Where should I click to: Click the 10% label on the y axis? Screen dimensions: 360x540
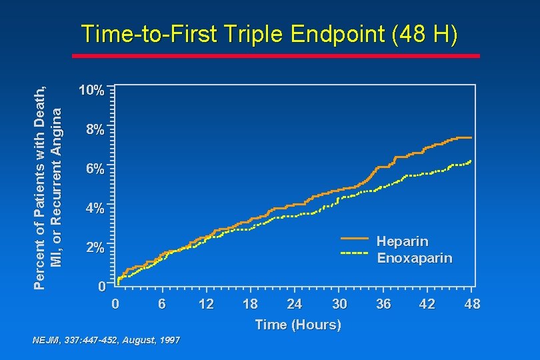pos(90,91)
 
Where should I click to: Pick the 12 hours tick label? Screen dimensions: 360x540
pos(206,305)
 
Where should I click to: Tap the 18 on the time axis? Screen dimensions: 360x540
pos(250,305)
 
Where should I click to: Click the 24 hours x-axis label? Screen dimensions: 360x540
pos(294,305)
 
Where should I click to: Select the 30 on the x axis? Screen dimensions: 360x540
pos(339,305)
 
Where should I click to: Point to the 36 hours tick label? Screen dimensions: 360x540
pos(383,305)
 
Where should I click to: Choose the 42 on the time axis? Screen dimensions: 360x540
pos(427,305)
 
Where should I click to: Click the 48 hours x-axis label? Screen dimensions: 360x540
pos(471,305)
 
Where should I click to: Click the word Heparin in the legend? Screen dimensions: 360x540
pos(402,241)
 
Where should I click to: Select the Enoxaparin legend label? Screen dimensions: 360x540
pos(414,257)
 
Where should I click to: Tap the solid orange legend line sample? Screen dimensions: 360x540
pos(354,238)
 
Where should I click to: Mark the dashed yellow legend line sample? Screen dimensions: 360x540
pos(354,254)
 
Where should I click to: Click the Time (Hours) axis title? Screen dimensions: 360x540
pos(298,325)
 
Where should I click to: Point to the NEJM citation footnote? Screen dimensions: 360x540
pos(106,340)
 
